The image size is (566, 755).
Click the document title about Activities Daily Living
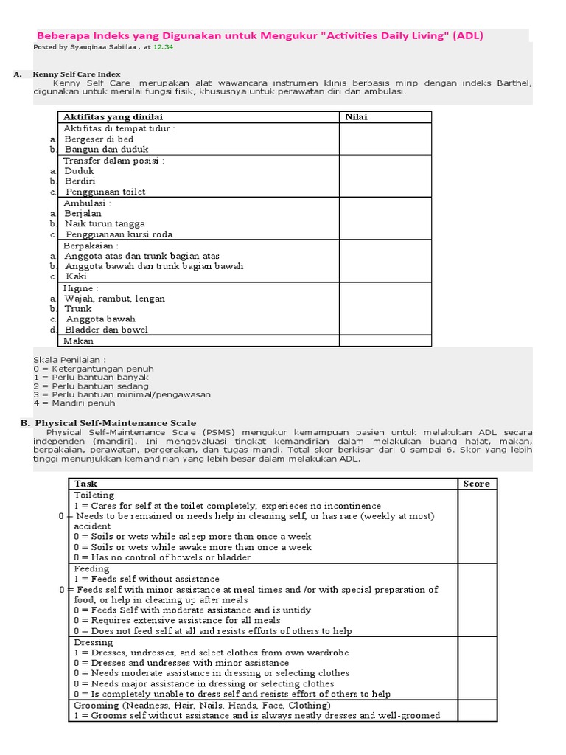click(261, 35)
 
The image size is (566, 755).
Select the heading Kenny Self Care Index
click(76, 74)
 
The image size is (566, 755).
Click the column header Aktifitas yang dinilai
click(113, 117)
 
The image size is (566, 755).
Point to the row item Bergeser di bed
click(99, 139)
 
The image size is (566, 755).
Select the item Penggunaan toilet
click(105, 192)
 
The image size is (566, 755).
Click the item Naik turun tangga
click(105, 223)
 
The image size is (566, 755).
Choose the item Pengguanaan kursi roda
click(119, 234)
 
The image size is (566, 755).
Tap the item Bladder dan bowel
click(106, 330)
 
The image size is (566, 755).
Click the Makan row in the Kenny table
click(79, 341)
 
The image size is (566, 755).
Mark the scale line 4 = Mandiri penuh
click(74, 403)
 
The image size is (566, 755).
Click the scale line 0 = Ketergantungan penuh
click(94, 369)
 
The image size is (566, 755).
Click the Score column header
click(476, 484)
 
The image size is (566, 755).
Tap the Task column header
click(85, 484)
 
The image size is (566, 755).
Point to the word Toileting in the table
click(94, 495)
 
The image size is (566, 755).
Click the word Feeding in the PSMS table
click(91, 568)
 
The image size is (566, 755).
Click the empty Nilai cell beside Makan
click(385, 341)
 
